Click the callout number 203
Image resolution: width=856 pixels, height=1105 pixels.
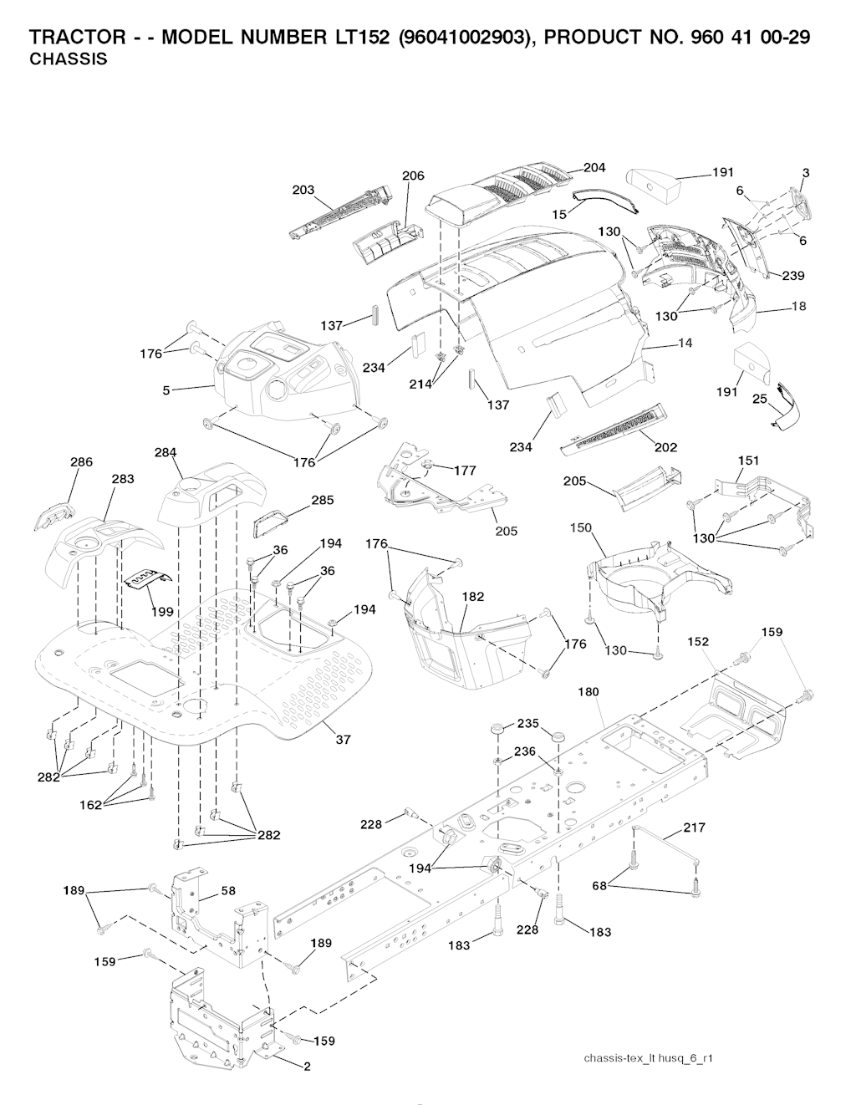(x=303, y=190)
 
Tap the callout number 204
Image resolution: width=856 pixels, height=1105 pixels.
(x=594, y=168)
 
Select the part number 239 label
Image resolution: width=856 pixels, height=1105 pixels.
(x=793, y=276)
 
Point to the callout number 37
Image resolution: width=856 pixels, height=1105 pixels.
(x=343, y=739)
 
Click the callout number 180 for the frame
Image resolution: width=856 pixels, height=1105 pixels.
(x=588, y=692)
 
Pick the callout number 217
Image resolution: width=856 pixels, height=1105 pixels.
(x=694, y=827)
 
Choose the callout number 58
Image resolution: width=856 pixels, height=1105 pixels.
(x=228, y=891)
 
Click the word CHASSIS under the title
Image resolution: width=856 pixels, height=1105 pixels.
(x=68, y=60)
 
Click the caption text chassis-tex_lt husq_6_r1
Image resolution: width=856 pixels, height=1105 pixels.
(x=648, y=1058)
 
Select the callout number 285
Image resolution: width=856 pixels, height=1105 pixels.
(x=322, y=500)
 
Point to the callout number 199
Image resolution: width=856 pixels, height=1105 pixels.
(x=162, y=611)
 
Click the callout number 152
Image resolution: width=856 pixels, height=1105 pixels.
(x=698, y=642)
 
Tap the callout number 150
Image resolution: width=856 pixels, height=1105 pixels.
(x=580, y=527)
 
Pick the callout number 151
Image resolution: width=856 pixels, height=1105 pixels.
(x=748, y=461)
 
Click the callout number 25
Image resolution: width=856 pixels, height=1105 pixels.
(x=759, y=399)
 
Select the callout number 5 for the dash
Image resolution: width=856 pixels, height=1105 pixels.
(x=166, y=390)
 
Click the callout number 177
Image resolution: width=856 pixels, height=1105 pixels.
(x=465, y=471)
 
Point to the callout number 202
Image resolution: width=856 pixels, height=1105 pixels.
(x=665, y=447)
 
